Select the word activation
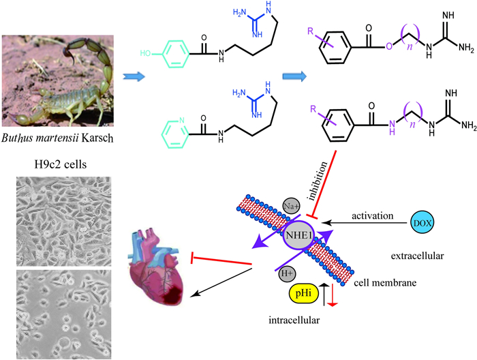[x=373, y=216]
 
